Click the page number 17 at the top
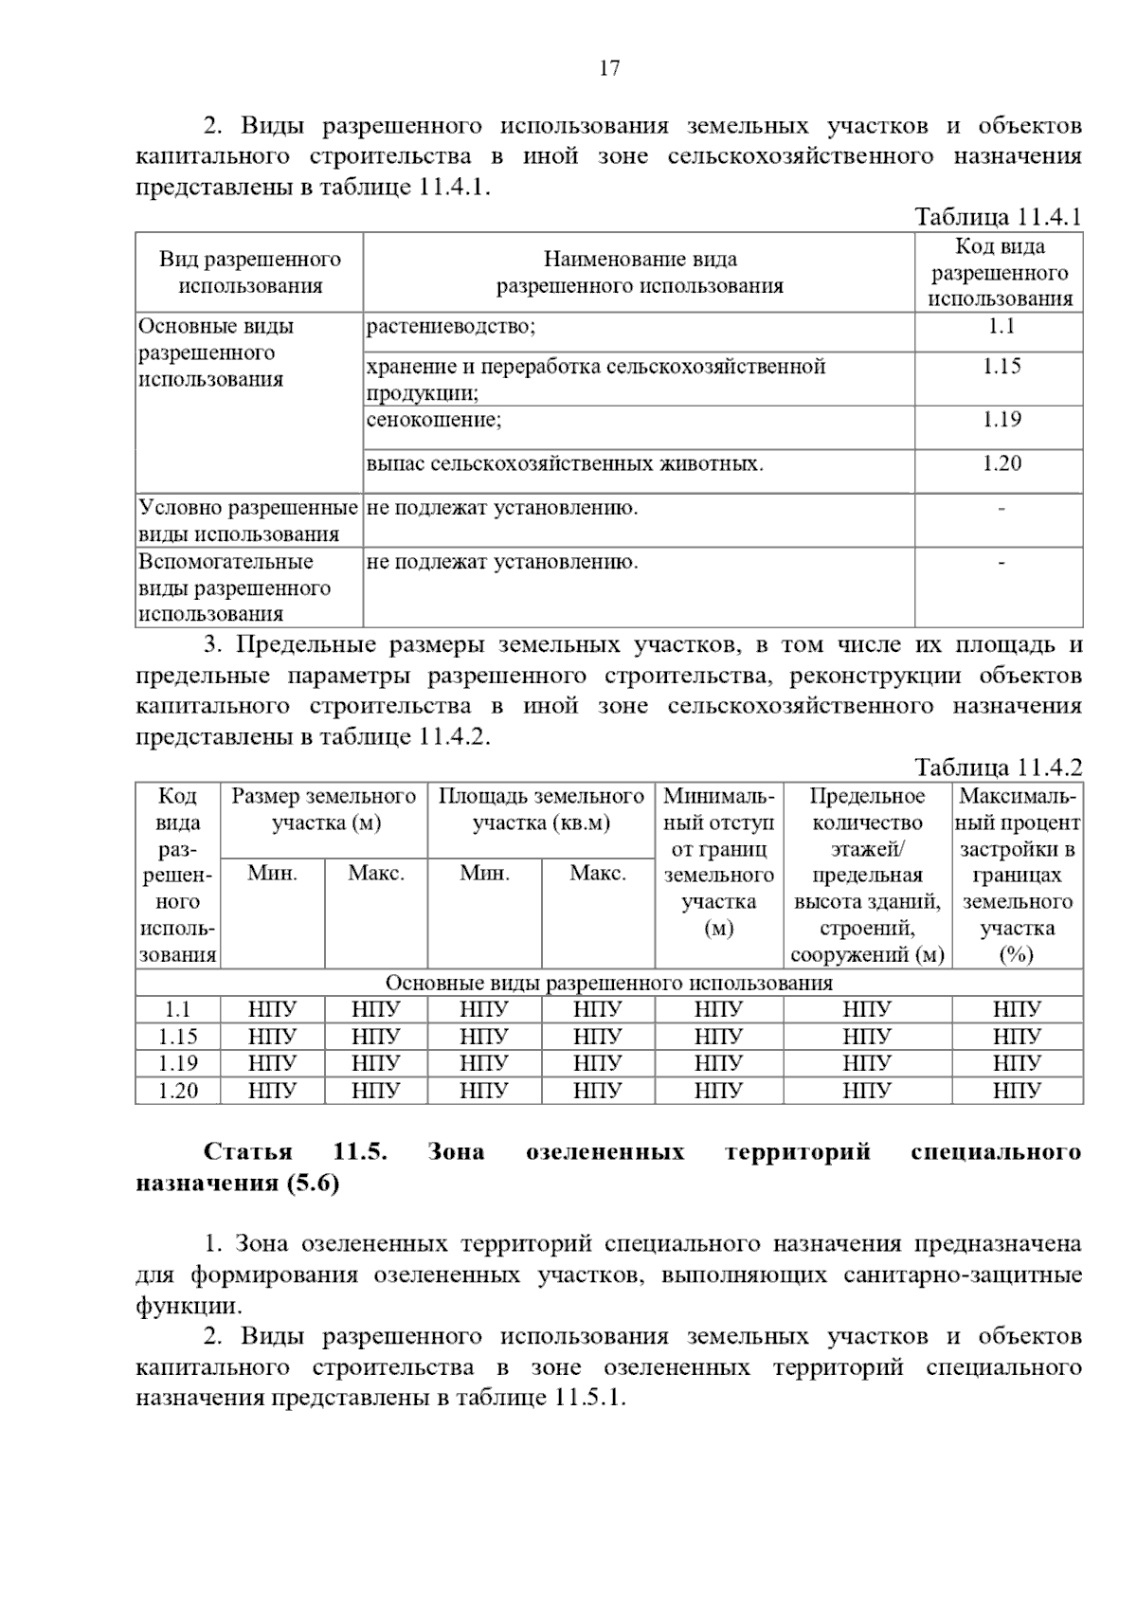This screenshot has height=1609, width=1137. [x=609, y=68]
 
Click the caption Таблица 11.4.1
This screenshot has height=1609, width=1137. [x=998, y=217]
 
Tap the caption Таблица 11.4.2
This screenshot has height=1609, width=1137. [x=998, y=768]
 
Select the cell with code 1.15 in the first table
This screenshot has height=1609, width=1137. [x=1001, y=367]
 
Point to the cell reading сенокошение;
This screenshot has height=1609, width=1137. [x=434, y=420]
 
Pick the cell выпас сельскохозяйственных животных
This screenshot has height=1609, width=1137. [x=565, y=464]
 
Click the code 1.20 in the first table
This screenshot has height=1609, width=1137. [x=1001, y=463]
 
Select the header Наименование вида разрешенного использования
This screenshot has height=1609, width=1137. [x=640, y=273]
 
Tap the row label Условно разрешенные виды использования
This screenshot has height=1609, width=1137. [x=248, y=520]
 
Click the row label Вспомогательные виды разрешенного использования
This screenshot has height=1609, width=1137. [x=235, y=588]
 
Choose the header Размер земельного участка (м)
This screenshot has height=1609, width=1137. [x=324, y=809]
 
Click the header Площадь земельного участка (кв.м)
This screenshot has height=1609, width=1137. [x=541, y=809]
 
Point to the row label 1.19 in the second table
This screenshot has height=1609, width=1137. [x=177, y=1063]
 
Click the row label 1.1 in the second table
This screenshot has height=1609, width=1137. [x=177, y=1010]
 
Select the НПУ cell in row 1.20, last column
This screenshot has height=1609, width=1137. [x=1017, y=1091]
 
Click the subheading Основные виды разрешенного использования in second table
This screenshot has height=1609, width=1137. [x=609, y=983]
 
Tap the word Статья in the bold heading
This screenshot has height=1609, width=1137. [x=247, y=1152]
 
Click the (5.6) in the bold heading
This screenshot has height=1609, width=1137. [x=312, y=1184]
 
